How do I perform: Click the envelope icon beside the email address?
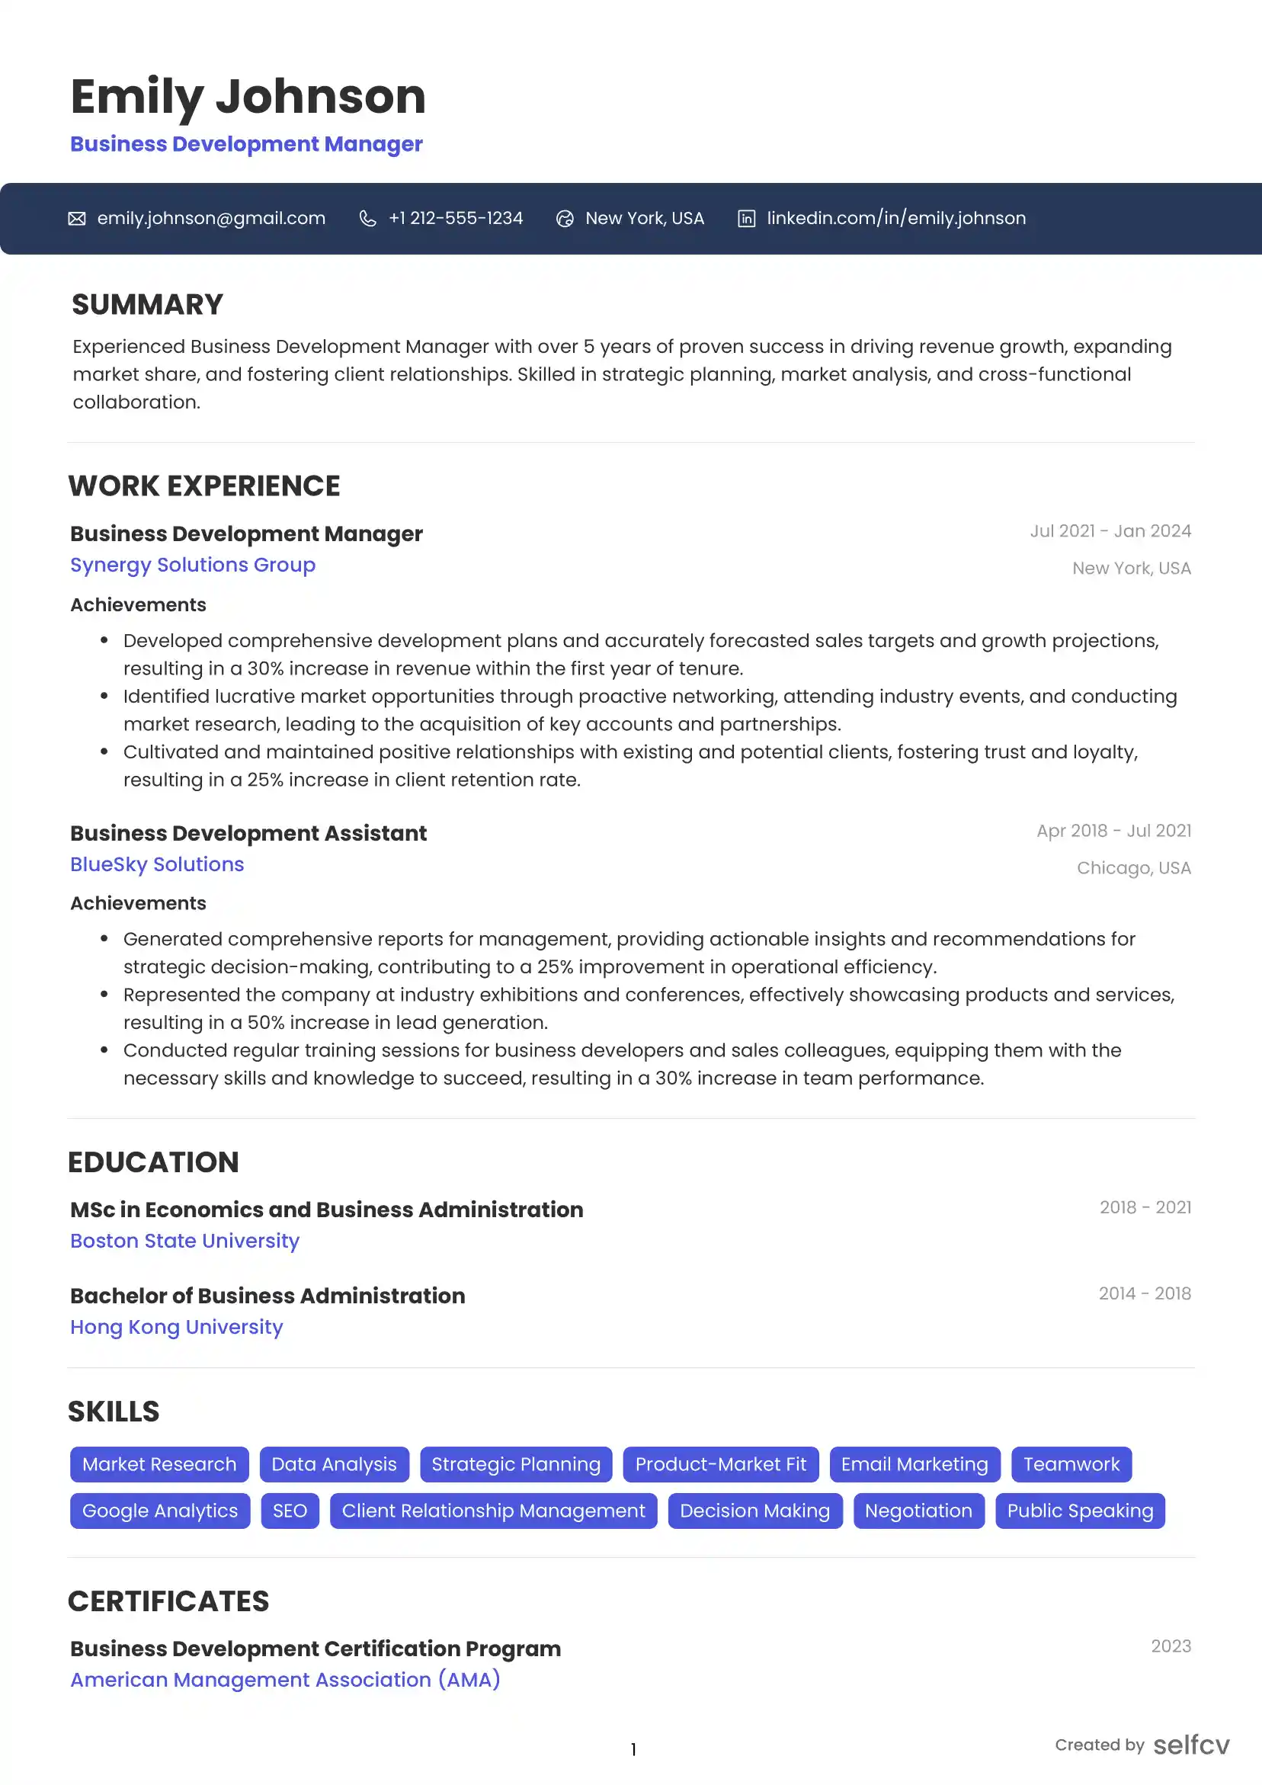(77, 219)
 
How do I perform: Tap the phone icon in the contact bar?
(368, 219)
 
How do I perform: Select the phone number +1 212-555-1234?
(456, 219)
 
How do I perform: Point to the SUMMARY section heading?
(148, 305)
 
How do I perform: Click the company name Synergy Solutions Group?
(193, 566)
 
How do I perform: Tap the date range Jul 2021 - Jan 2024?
(1110, 531)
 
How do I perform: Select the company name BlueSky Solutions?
(157, 864)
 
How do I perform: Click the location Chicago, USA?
(1134, 868)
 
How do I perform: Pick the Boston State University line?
(185, 1241)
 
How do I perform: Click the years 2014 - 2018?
(1145, 1293)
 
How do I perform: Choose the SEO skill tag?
(290, 1511)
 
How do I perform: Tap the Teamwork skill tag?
(1071, 1465)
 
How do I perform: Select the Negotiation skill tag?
(918, 1511)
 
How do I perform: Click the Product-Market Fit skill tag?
(721, 1465)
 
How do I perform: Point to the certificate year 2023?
(1171, 1646)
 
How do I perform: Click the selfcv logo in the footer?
(1191, 1745)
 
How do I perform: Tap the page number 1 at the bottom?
(634, 1750)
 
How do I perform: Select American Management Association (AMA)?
(285, 1680)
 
